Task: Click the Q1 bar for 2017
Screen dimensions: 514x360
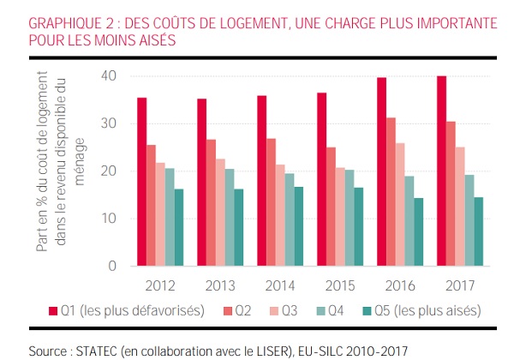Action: tap(441, 171)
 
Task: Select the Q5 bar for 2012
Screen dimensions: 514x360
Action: tap(179, 227)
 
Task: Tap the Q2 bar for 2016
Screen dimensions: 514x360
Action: tap(391, 192)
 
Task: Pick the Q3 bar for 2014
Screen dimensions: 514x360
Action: tap(280, 215)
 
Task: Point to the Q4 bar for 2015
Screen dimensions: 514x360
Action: tap(350, 218)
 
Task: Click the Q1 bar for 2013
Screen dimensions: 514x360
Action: tap(202, 183)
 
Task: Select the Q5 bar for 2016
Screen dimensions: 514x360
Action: tap(419, 231)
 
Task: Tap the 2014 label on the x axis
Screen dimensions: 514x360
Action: tap(280, 286)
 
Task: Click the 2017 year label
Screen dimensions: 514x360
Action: tap(460, 286)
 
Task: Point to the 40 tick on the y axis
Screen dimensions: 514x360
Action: tap(109, 76)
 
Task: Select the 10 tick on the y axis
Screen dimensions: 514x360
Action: tap(109, 219)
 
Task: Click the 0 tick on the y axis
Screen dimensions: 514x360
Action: tap(112, 266)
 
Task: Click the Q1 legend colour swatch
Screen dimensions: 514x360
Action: tap(53, 311)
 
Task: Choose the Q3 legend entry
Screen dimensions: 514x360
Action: tap(284, 310)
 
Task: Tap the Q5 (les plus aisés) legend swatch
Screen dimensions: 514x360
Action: tap(368, 311)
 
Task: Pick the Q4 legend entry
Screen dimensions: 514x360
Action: tap(330, 310)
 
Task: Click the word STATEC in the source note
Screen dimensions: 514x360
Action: tap(96, 351)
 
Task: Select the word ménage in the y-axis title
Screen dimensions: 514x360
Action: tap(80, 162)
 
